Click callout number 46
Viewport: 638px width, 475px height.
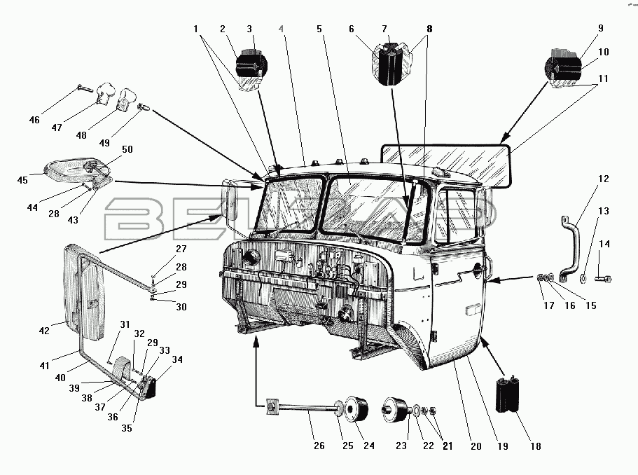(x=34, y=120)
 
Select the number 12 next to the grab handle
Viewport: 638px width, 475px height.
(x=604, y=179)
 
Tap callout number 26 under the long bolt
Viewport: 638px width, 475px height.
(x=319, y=446)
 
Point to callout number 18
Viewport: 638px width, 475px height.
(x=536, y=446)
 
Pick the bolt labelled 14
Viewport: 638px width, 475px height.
(x=603, y=279)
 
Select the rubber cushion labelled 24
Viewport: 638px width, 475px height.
(x=357, y=408)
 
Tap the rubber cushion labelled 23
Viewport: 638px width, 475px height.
(x=395, y=409)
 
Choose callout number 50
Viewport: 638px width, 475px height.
(x=127, y=149)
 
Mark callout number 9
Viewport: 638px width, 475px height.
(x=601, y=29)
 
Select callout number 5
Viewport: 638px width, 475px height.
(x=319, y=29)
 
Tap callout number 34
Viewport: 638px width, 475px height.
(x=177, y=359)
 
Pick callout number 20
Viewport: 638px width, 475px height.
(x=476, y=446)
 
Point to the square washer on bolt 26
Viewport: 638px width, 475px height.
(x=272, y=406)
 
